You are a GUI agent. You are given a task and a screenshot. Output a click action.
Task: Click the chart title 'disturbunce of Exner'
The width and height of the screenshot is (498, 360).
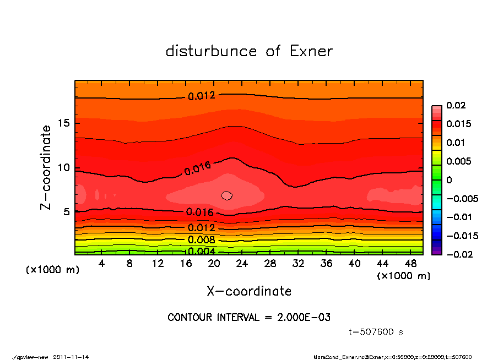pos(249,52)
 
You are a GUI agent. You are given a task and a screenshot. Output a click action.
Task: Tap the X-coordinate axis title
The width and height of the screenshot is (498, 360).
pos(249,291)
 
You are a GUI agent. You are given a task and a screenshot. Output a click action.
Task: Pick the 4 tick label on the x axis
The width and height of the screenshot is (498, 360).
pos(102,264)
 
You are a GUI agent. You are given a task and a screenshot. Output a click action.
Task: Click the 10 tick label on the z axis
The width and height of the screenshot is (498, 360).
pos(65,167)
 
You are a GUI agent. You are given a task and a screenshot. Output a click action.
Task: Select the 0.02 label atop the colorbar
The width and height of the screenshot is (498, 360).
pos(456,105)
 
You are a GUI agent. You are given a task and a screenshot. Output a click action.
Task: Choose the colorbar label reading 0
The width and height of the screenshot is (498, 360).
pos(449,180)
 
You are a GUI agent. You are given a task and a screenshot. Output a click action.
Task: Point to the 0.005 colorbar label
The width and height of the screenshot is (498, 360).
pos(458,161)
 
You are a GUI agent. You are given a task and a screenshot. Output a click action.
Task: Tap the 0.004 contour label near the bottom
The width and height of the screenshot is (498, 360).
pos(202,252)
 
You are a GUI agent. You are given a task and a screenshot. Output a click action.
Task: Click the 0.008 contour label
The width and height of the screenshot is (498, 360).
pos(202,239)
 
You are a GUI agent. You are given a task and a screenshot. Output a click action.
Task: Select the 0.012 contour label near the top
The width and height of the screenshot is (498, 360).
pos(202,96)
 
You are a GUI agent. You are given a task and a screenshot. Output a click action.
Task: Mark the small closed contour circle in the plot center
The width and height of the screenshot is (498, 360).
pos(227,195)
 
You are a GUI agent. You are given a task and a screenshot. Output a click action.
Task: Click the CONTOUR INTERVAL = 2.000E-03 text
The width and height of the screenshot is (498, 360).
pos(249,318)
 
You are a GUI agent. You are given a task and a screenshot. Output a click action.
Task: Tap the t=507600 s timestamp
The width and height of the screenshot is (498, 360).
pos(376,332)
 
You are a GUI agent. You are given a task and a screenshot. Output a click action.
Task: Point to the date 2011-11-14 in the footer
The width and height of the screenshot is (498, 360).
pos(71,357)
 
